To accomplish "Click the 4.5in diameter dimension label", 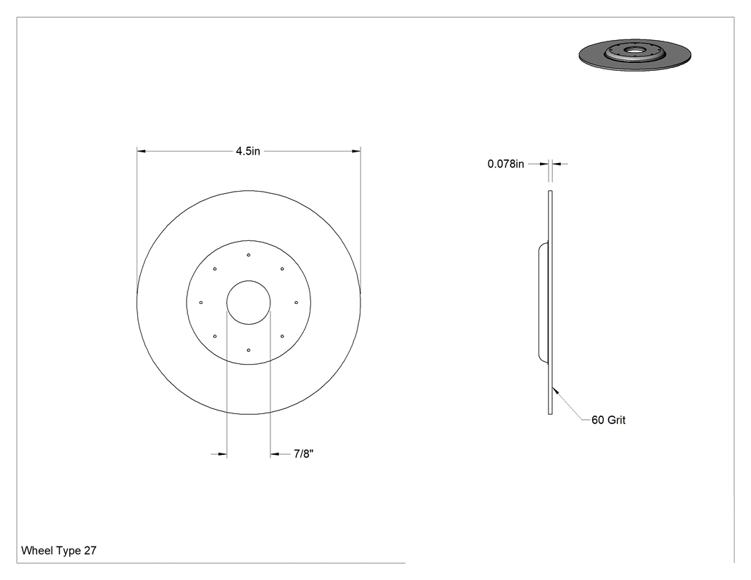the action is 247,152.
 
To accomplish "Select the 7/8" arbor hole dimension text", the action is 304,453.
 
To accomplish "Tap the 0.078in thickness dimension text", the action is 506,164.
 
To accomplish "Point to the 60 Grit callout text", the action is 608,420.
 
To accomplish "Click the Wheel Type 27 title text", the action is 59,550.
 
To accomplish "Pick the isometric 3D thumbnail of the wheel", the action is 635,55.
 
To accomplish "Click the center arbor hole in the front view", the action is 249,280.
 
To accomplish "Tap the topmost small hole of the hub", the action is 249,255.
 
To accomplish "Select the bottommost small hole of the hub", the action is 249,350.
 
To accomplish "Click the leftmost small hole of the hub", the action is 201,303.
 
